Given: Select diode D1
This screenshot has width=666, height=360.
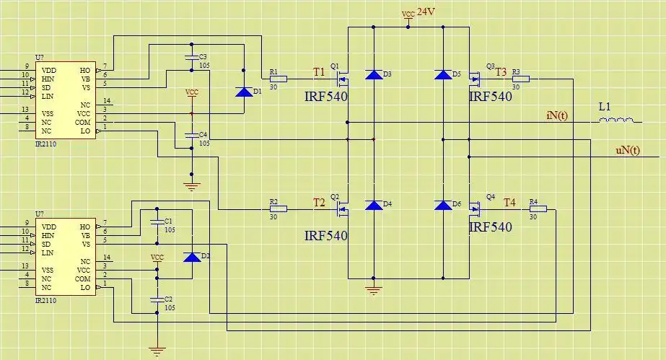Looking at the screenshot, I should click(x=244, y=92).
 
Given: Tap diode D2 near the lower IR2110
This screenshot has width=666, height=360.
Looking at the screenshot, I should click(x=192, y=257).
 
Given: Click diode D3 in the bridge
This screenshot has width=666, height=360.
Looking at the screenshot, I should click(x=373, y=74).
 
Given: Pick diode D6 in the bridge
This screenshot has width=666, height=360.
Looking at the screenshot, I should click(x=443, y=205).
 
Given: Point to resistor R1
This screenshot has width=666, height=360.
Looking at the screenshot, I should click(x=278, y=79).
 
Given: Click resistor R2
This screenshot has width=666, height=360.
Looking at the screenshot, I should click(x=278, y=209).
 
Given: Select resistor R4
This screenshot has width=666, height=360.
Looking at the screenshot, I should click(x=538, y=209).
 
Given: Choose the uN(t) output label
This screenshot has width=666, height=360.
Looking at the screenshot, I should click(x=627, y=150).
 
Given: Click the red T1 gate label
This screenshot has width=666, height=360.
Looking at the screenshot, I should click(x=319, y=71).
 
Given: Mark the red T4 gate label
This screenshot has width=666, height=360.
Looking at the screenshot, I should click(x=509, y=203).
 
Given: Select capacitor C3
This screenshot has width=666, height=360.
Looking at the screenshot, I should click(x=191, y=56).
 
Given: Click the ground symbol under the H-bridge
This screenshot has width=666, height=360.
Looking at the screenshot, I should click(x=373, y=290).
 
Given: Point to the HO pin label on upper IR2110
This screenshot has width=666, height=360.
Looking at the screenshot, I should click(x=85, y=70).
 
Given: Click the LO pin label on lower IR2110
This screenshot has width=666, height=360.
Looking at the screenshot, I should click(x=85, y=286).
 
